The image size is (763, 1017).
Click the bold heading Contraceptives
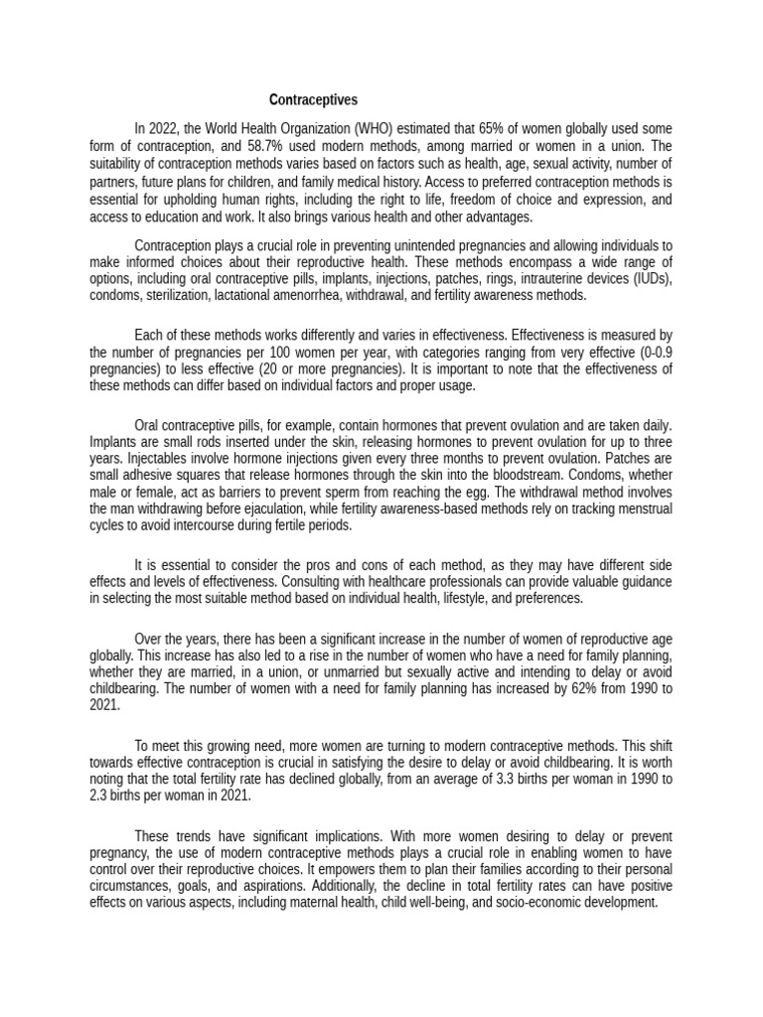(x=314, y=100)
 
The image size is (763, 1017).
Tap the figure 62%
(x=536, y=690)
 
